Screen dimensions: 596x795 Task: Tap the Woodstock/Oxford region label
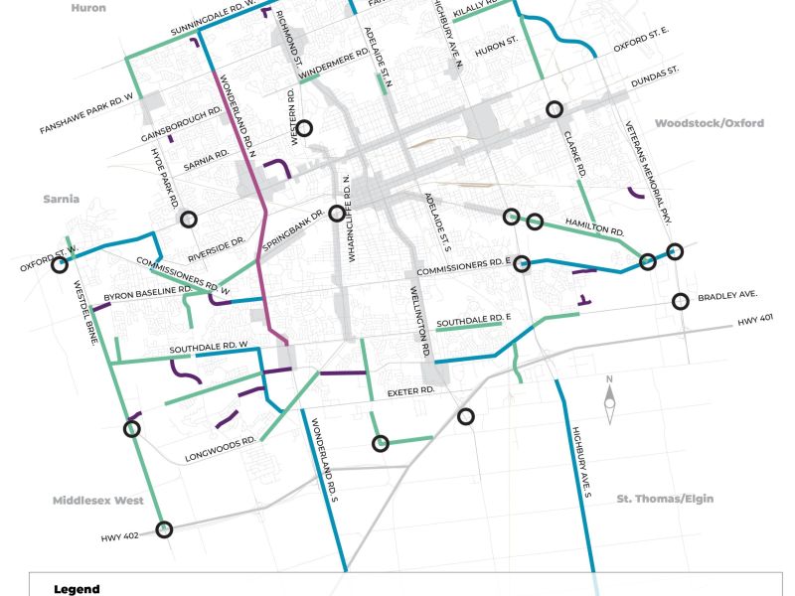pos(709,123)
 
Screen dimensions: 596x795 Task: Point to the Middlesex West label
pos(99,500)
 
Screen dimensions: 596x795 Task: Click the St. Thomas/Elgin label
pos(665,499)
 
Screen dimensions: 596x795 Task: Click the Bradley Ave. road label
pos(727,296)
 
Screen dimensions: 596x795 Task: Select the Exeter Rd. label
pos(413,391)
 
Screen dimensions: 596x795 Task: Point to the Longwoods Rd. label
pos(222,449)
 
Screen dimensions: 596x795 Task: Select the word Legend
pos(77,589)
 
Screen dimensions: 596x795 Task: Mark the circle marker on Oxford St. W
pos(60,265)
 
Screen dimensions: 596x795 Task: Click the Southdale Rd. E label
pos(474,322)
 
